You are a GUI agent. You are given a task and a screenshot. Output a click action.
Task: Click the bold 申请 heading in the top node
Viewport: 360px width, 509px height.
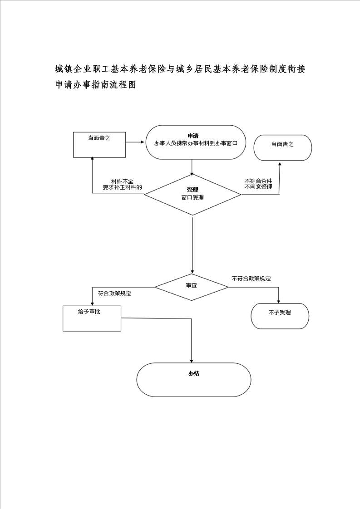(193, 136)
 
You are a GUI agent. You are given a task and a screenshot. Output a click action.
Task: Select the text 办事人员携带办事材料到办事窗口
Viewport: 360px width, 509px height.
(196, 143)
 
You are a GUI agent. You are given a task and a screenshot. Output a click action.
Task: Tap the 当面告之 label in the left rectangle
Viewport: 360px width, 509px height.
(99, 138)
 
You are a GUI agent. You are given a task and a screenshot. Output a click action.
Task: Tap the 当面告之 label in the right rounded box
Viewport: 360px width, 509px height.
(282, 144)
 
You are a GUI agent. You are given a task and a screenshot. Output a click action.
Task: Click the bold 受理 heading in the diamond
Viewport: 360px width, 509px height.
(192, 190)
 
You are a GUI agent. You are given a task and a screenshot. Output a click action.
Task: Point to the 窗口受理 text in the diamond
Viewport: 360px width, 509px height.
(192, 197)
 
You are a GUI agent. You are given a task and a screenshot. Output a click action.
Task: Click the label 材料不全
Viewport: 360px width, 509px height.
(122, 181)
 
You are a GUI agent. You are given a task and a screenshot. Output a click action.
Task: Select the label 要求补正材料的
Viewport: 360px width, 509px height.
(123, 187)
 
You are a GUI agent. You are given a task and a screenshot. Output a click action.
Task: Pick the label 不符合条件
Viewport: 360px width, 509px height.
(258, 181)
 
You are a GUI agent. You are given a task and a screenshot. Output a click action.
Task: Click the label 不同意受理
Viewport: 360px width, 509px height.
(258, 187)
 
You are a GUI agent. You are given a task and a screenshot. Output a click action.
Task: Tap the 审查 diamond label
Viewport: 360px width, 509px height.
(192, 286)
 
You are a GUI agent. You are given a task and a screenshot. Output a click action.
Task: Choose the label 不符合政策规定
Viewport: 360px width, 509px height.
(251, 279)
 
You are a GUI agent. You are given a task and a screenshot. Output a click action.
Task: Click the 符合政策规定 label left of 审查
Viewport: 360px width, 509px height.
(115, 294)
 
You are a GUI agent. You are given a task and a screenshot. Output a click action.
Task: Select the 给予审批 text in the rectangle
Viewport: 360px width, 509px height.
(89, 312)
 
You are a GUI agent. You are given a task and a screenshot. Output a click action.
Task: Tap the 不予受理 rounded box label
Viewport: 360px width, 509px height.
(280, 313)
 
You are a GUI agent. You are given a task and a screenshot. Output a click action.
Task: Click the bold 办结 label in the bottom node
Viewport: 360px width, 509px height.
(194, 374)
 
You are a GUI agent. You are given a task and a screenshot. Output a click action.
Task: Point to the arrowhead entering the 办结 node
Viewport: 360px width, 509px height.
(192, 361)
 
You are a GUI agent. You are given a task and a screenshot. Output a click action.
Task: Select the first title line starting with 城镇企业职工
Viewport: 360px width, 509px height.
(180, 69)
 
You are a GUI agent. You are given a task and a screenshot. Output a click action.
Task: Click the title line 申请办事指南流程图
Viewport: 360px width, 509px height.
(95, 85)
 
